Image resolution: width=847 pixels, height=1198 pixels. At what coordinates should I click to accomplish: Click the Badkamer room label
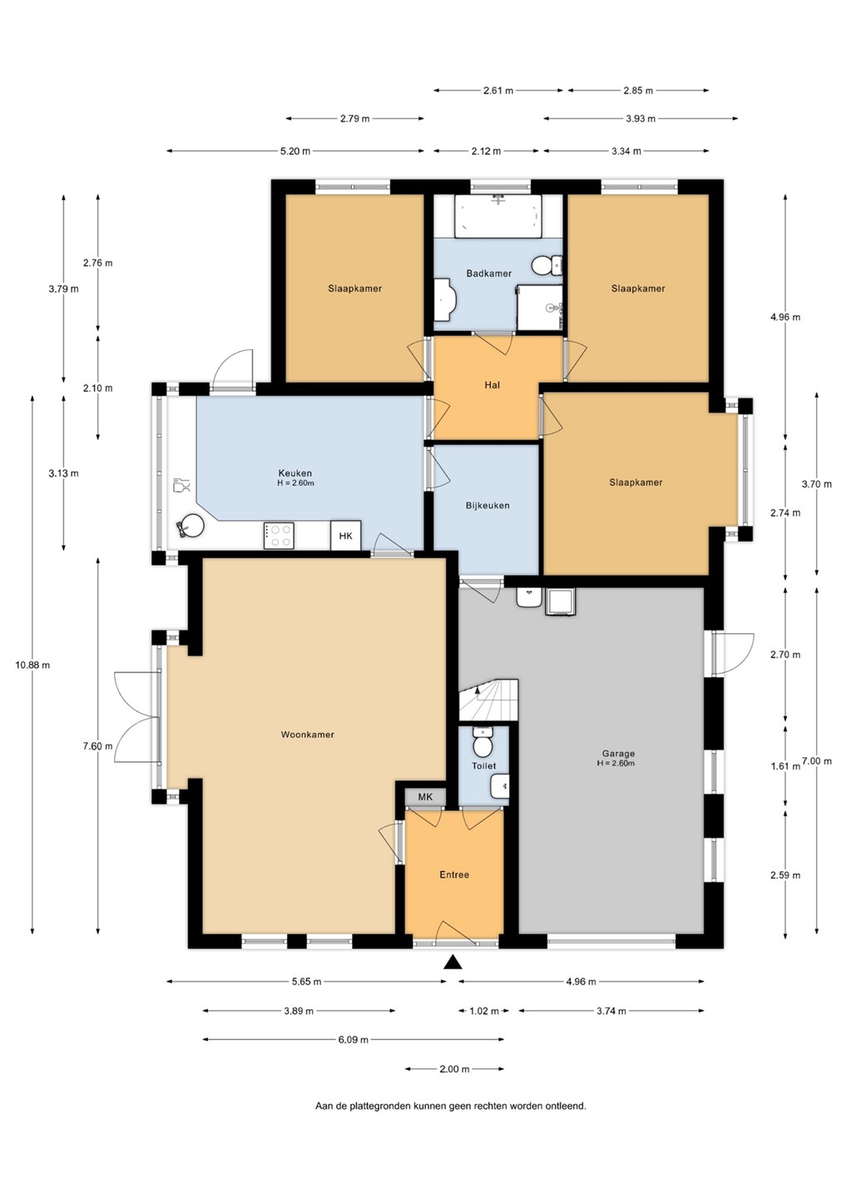click(x=488, y=273)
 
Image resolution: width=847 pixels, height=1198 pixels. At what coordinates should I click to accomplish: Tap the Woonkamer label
click(x=308, y=735)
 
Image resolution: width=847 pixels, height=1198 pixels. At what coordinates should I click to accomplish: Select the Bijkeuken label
click(x=487, y=506)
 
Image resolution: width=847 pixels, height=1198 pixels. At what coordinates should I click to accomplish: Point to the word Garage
click(x=618, y=753)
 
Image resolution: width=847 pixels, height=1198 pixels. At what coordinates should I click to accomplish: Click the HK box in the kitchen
click(x=345, y=536)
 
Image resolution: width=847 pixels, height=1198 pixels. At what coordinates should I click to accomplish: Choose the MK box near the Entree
click(x=425, y=797)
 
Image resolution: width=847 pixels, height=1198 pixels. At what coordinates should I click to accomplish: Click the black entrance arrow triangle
click(x=453, y=962)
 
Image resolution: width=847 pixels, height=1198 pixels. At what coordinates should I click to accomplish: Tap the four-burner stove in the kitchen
click(x=279, y=536)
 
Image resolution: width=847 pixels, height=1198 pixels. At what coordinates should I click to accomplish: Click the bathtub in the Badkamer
click(x=498, y=216)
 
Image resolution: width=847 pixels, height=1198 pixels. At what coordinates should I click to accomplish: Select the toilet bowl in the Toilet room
click(x=483, y=744)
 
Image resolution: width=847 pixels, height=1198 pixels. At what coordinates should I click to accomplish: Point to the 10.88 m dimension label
click(x=32, y=666)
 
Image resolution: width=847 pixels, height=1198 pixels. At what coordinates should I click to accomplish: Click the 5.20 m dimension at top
click(x=295, y=151)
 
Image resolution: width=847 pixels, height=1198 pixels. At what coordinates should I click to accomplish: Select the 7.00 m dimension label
click(x=816, y=761)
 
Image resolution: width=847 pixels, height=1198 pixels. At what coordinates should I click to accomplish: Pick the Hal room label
click(x=492, y=384)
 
